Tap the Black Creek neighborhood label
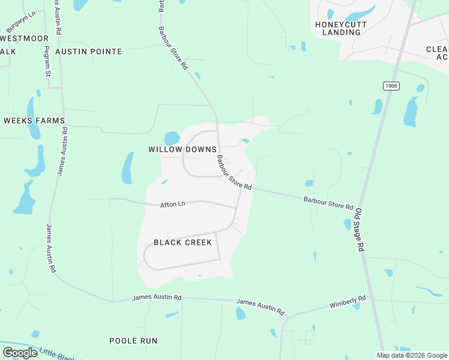pyautogui.click(x=182, y=242)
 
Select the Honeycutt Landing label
pyautogui.click(x=341, y=28)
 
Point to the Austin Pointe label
pyautogui.click(x=88, y=52)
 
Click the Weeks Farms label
pyautogui.click(x=34, y=121)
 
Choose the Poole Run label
pyautogui.click(x=133, y=341)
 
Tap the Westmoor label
pyautogui.click(x=25, y=38)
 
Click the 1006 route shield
pyautogui.click(x=391, y=86)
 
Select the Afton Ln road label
pyautogui.click(x=172, y=205)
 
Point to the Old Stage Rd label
pyautogui.click(x=360, y=229)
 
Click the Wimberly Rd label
pyautogui.click(x=348, y=302)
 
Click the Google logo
pyautogui.click(x=20, y=353)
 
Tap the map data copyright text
pyautogui.click(x=411, y=355)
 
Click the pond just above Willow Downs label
pyautogui.click(x=172, y=137)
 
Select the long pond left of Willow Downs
pyautogui.click(x=127, y=167)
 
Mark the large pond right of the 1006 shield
pyautogui.click(x=411, y=112)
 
